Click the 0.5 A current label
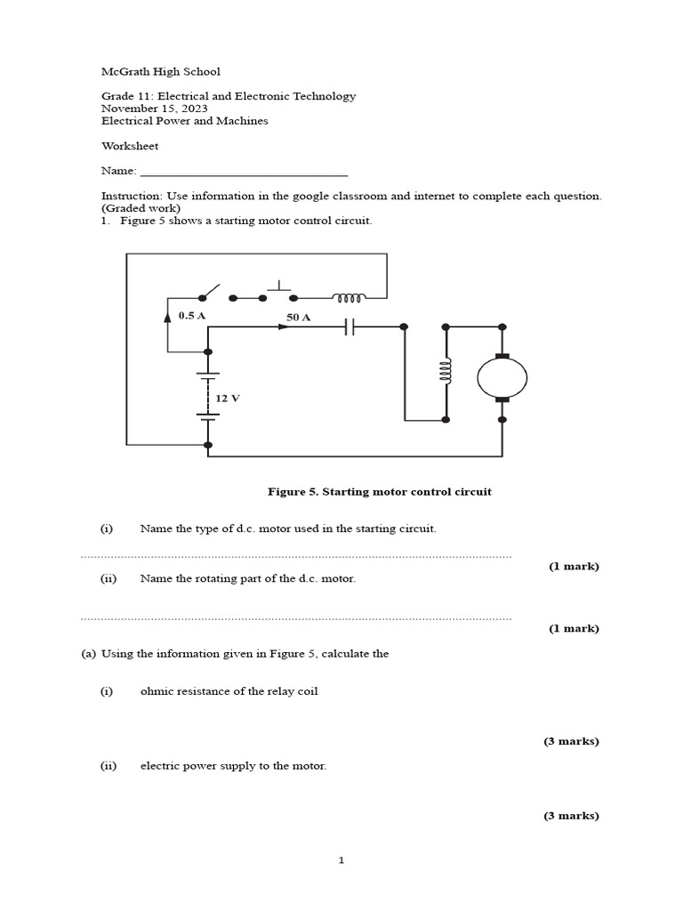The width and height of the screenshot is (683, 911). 192,316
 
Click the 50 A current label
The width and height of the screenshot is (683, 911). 298,317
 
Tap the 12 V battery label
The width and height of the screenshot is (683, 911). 229,398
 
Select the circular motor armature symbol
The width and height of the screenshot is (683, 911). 502,378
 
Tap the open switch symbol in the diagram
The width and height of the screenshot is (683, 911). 212,293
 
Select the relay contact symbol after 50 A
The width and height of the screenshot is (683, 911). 350,327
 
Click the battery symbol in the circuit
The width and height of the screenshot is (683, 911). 208,397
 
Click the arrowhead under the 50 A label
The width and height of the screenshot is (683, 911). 284,327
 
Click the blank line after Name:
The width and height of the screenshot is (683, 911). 244,171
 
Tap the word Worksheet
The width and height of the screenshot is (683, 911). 130,146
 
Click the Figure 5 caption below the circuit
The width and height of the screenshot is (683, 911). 380,491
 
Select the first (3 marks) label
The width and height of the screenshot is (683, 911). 571,741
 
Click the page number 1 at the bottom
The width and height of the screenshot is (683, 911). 341,860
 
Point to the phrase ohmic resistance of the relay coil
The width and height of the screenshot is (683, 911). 229,691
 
